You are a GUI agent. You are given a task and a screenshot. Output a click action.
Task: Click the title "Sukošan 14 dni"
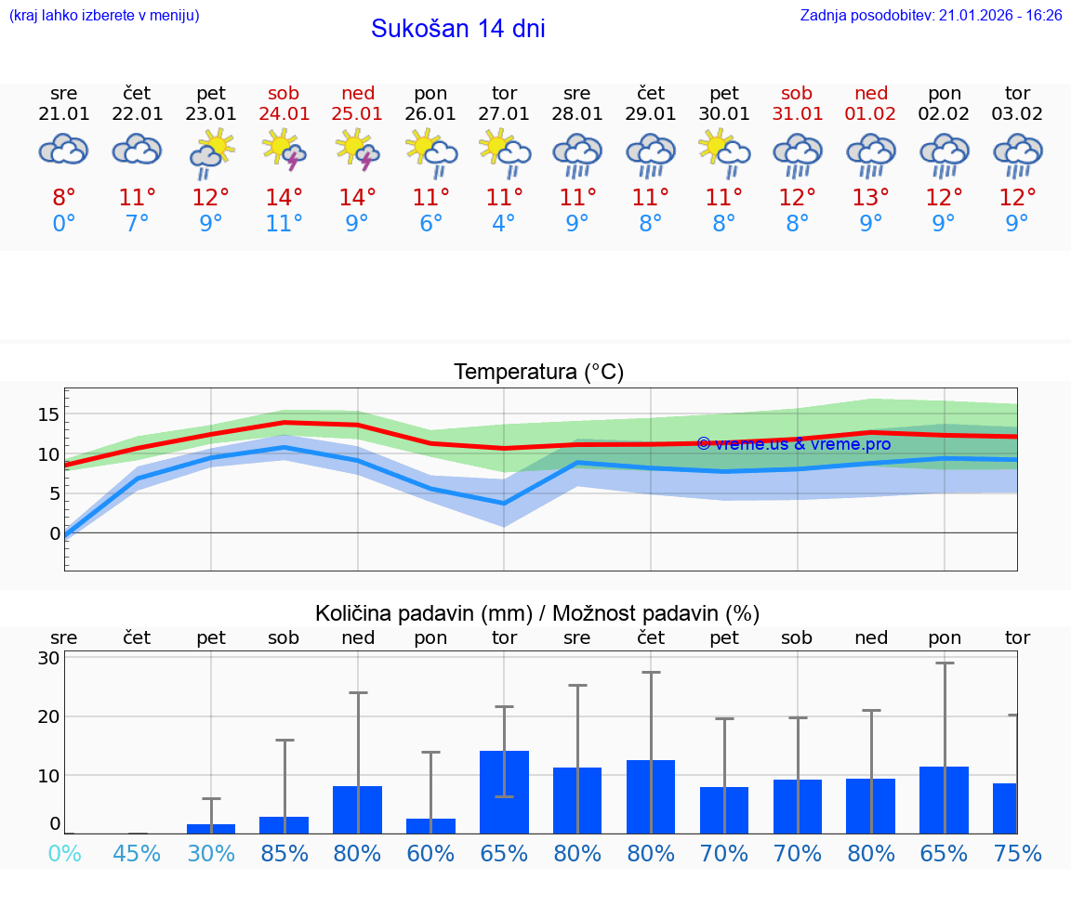coord(457,29)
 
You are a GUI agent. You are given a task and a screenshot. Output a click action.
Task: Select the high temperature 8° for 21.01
coord(64,198)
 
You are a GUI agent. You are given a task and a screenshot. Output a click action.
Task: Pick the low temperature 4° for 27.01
coord(504,224)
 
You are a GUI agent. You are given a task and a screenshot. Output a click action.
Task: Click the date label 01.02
coord(871,114)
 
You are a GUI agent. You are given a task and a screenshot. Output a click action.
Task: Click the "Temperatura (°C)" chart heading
coord(538,373)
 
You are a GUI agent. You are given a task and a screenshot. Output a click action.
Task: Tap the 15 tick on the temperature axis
coord(48,414)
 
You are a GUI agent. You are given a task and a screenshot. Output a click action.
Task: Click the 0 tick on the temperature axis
coord(55,533)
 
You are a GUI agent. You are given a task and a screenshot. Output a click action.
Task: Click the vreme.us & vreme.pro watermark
coord(794,444)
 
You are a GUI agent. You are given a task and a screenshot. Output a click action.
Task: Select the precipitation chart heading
coord(537,613)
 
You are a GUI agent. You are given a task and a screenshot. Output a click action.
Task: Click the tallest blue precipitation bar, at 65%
coord(504,792)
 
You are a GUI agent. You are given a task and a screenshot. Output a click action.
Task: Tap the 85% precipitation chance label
coord(284,853)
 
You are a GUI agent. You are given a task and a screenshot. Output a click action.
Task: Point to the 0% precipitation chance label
coord(64,853)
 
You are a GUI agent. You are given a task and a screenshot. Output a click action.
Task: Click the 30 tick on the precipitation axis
coord(48,658)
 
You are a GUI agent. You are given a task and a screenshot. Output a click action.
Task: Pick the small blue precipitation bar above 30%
coord(211,828)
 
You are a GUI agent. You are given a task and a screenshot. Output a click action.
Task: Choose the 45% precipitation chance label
coord(138,853)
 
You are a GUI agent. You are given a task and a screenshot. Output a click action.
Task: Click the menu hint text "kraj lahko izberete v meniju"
coord(104,16)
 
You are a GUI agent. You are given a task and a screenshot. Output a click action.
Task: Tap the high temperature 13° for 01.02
coord(871,198)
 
